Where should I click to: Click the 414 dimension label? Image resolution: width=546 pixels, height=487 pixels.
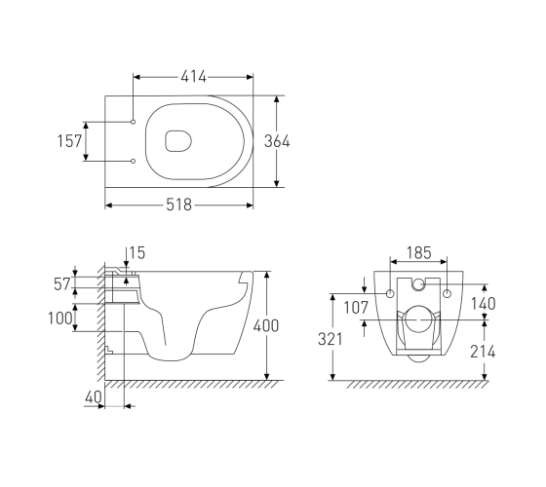194,77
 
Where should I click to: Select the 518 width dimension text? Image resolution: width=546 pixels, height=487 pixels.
179,205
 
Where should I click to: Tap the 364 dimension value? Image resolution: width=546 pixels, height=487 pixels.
277,141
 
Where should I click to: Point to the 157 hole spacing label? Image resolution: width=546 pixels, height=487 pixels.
69,141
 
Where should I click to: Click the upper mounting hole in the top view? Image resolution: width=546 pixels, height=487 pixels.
133,122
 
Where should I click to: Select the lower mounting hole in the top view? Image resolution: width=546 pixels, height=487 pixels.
133,161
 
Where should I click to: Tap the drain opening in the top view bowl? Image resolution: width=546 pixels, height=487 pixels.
178,141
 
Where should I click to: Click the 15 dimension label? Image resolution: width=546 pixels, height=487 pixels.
137,253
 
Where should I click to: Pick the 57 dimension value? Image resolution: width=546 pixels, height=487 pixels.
62,284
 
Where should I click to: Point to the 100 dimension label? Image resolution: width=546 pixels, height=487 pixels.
60,318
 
